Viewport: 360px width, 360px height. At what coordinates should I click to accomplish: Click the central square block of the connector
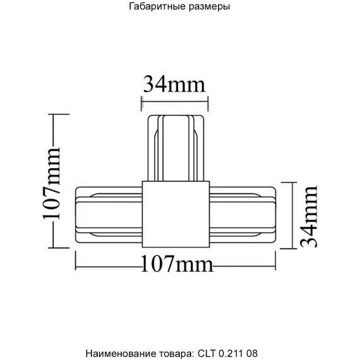[174, 213]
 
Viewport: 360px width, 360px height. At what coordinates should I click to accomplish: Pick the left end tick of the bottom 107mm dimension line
[76, 260]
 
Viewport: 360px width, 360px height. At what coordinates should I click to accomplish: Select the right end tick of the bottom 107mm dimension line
[277, 260]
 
